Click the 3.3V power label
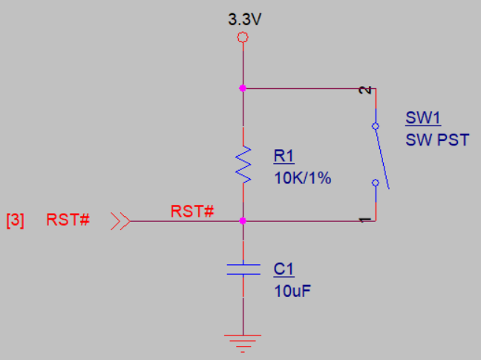(x=244, y=19)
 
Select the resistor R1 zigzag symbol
(x=243, y=164)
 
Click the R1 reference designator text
(x=284, y=156)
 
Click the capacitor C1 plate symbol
(x=243, y=268)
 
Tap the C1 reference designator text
(x=284, y=268)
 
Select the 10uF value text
(x=292, y=289)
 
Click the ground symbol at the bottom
(x=243, y=341)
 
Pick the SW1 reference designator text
(x=423, y=118)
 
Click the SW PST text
(x=436, y=139)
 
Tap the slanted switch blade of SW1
(x=381, y=152)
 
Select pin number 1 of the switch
(x=364, y=220)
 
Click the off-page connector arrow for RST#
(x=121, y=220)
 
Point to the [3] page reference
(x=16, y=220)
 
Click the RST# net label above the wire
(x=192, y=211)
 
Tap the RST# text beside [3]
(x=68, y=220)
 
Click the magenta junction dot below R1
(x=243, y=220)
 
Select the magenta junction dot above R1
(x=243, y=88)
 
